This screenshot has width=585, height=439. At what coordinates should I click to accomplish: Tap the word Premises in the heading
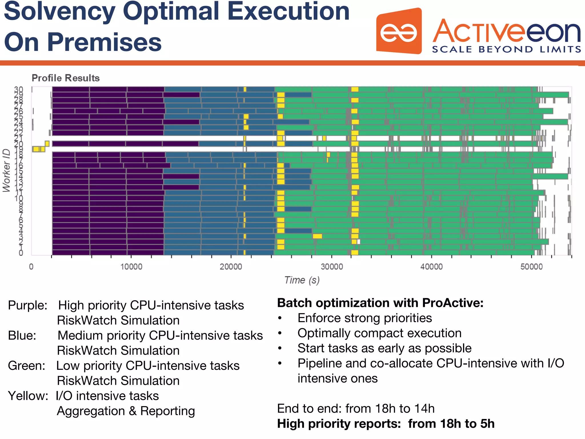104,42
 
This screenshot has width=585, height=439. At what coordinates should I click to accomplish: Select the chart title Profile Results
65,78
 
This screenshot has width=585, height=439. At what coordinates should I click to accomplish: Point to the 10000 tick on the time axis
131,267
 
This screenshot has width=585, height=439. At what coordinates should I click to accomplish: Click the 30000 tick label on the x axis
332,267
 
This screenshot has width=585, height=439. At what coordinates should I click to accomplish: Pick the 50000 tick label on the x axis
531,267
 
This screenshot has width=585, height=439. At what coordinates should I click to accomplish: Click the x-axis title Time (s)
302,280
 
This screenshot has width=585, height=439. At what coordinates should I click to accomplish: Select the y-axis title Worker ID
6,170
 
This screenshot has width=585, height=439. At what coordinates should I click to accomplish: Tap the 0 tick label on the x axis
31,267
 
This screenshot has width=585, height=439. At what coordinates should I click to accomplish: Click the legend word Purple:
27,305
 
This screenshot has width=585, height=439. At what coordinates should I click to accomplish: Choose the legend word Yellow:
28,396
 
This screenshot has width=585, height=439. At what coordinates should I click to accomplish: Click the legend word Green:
26,366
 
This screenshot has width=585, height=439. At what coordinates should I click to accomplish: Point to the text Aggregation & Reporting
126,411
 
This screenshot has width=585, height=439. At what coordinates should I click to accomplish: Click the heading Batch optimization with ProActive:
380,303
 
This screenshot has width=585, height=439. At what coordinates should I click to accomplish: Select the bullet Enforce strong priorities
364,318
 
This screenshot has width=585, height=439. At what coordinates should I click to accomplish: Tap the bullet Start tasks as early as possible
384,348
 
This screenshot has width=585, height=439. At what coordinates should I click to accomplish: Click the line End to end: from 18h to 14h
356,408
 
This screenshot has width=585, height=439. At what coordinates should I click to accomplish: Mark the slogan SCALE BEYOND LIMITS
506,49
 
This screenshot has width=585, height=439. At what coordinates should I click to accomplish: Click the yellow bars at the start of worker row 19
39,149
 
